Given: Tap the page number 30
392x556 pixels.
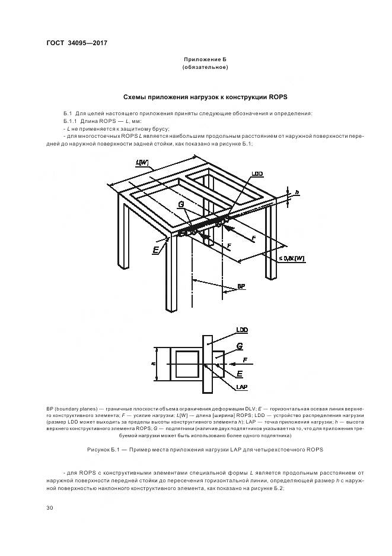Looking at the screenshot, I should point(49,507).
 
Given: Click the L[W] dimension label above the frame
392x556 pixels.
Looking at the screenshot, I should point(142,162).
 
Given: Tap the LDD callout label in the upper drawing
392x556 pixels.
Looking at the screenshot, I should point(257,174).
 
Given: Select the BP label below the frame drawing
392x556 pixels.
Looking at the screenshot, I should point(241,286).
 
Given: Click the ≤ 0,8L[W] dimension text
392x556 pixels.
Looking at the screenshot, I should point(291,258).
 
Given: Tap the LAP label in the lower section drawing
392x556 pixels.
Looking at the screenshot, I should point(241,387).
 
